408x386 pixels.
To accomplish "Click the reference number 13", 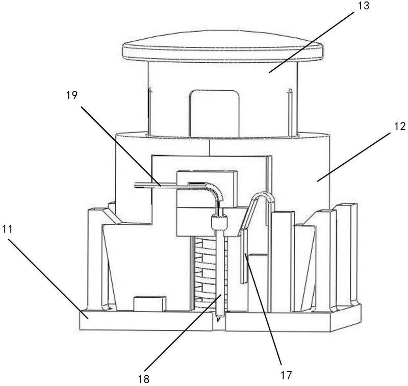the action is tap(363, 6).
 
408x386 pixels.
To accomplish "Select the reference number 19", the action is tap(71, 95).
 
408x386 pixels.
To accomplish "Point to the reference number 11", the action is tap(8, 229).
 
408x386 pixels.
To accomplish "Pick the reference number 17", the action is tap(286, 375).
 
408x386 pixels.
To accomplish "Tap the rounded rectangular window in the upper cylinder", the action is tap(214, 113).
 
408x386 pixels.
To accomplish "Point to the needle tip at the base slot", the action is tap(218, 318).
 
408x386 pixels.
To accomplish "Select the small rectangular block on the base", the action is tap(149, 303).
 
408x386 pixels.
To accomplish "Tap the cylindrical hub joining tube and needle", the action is tap(219, 222).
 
